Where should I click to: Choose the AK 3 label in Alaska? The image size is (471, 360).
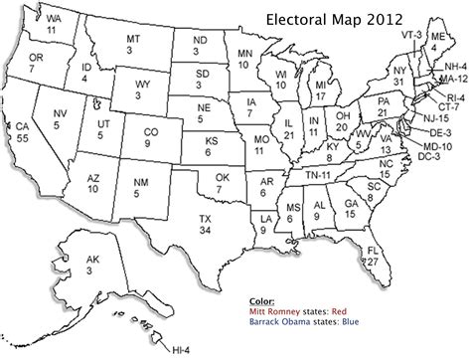[x=91, y=264]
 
